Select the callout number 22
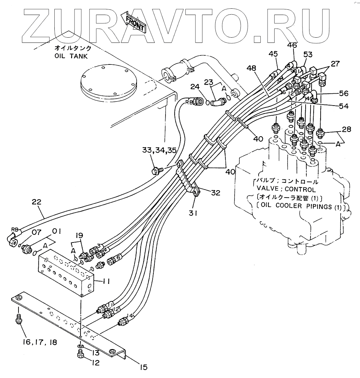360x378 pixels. [37, 202]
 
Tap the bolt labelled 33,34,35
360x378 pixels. [157, 170]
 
